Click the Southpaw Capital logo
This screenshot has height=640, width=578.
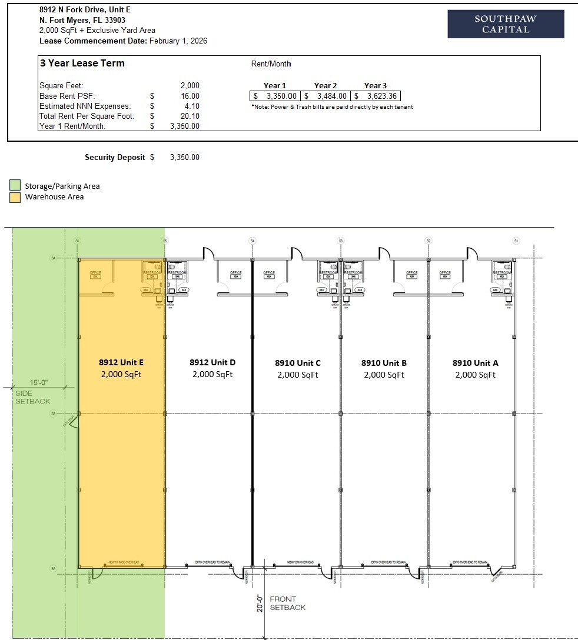point(506,24)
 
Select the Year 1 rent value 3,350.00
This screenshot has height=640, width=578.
point(281,96)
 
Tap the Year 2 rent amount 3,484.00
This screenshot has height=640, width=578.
point(331,96)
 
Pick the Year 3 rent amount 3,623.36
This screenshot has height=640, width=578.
point(381,96)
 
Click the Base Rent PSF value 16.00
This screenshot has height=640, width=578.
point(190,96)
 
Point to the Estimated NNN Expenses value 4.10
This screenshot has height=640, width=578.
point(192,106)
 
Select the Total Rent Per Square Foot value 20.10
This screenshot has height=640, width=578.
point(190,116)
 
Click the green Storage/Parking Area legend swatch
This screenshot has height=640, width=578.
point(15,186)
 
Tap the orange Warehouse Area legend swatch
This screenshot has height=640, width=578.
point(15,197)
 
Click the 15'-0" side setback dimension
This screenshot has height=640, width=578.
point(39,382)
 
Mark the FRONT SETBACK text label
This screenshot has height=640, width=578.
point(287,603)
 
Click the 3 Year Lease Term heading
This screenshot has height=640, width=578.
point(82,63)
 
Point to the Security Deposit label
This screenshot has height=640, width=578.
point(115,157)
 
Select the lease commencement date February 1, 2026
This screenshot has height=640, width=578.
point(178,41)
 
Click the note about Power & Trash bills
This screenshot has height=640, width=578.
point(332,107)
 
